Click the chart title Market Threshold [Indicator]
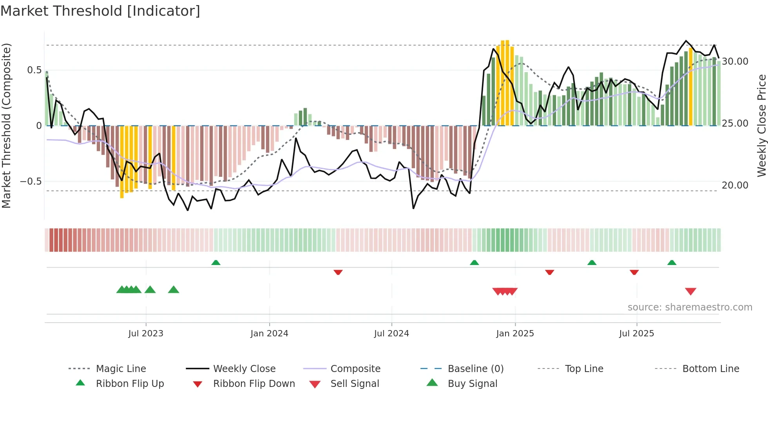[100, 11]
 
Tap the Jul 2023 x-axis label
[145, 334]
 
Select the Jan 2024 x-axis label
[269, 334]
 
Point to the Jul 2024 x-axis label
[391, 334]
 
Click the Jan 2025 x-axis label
[515, 334]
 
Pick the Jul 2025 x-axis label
[636, 334]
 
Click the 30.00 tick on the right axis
[735, 62]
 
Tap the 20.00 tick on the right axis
[735, 185]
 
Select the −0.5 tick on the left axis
[31, 182]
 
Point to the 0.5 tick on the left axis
[34, 70]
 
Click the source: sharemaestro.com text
[690, 307]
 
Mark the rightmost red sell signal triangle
[690, 291]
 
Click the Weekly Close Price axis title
[761, 125]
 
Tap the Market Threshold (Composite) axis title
[6, 125]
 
